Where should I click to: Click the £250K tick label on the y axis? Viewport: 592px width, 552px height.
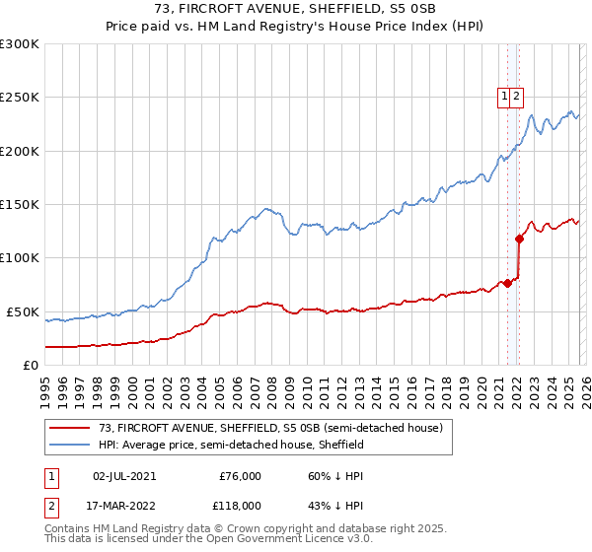tap(20, 98)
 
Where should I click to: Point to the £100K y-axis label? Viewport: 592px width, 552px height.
tap(20, 257)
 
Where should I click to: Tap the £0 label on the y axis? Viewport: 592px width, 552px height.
tap(30, 365)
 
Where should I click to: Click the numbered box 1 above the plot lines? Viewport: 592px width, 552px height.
tap(504, 97)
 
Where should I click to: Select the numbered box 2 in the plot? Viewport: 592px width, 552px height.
tap(516, 97)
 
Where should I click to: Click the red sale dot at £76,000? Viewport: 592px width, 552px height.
tap(507, 284)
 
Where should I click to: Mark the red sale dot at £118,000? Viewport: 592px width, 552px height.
tap(519, 239)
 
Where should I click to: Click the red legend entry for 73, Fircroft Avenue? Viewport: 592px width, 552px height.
tap(275, 428)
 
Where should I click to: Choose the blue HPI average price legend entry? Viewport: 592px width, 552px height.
tap(231, 445)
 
